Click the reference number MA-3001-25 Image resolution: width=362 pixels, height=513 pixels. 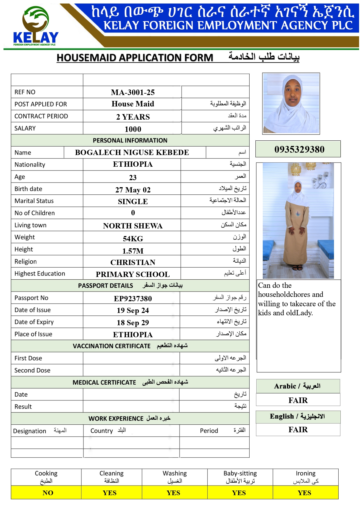133,92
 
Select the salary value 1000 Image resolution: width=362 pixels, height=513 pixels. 133,129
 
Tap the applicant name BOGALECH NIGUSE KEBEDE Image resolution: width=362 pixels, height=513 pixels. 132,152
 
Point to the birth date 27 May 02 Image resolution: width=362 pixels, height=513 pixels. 133,190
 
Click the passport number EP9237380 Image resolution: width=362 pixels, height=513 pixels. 133,299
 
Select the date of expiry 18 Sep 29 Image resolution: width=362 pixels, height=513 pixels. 133,323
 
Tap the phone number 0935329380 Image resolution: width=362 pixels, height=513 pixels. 299,149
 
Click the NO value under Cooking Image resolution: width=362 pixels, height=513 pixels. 48,493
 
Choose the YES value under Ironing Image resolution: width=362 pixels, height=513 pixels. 304,493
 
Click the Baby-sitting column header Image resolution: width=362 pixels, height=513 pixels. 240,477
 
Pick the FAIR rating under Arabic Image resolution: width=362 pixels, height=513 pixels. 298,400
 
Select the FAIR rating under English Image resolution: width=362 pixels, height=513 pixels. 298,429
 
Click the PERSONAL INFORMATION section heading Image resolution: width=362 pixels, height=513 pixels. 130,140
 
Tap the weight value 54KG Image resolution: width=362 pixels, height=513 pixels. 133,239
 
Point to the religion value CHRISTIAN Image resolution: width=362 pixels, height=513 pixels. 133,262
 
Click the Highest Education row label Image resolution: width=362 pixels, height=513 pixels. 40,273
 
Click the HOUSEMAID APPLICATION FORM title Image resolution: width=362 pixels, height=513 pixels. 135,58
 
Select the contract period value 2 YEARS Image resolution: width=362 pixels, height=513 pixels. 133,117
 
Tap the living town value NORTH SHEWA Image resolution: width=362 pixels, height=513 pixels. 133,226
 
